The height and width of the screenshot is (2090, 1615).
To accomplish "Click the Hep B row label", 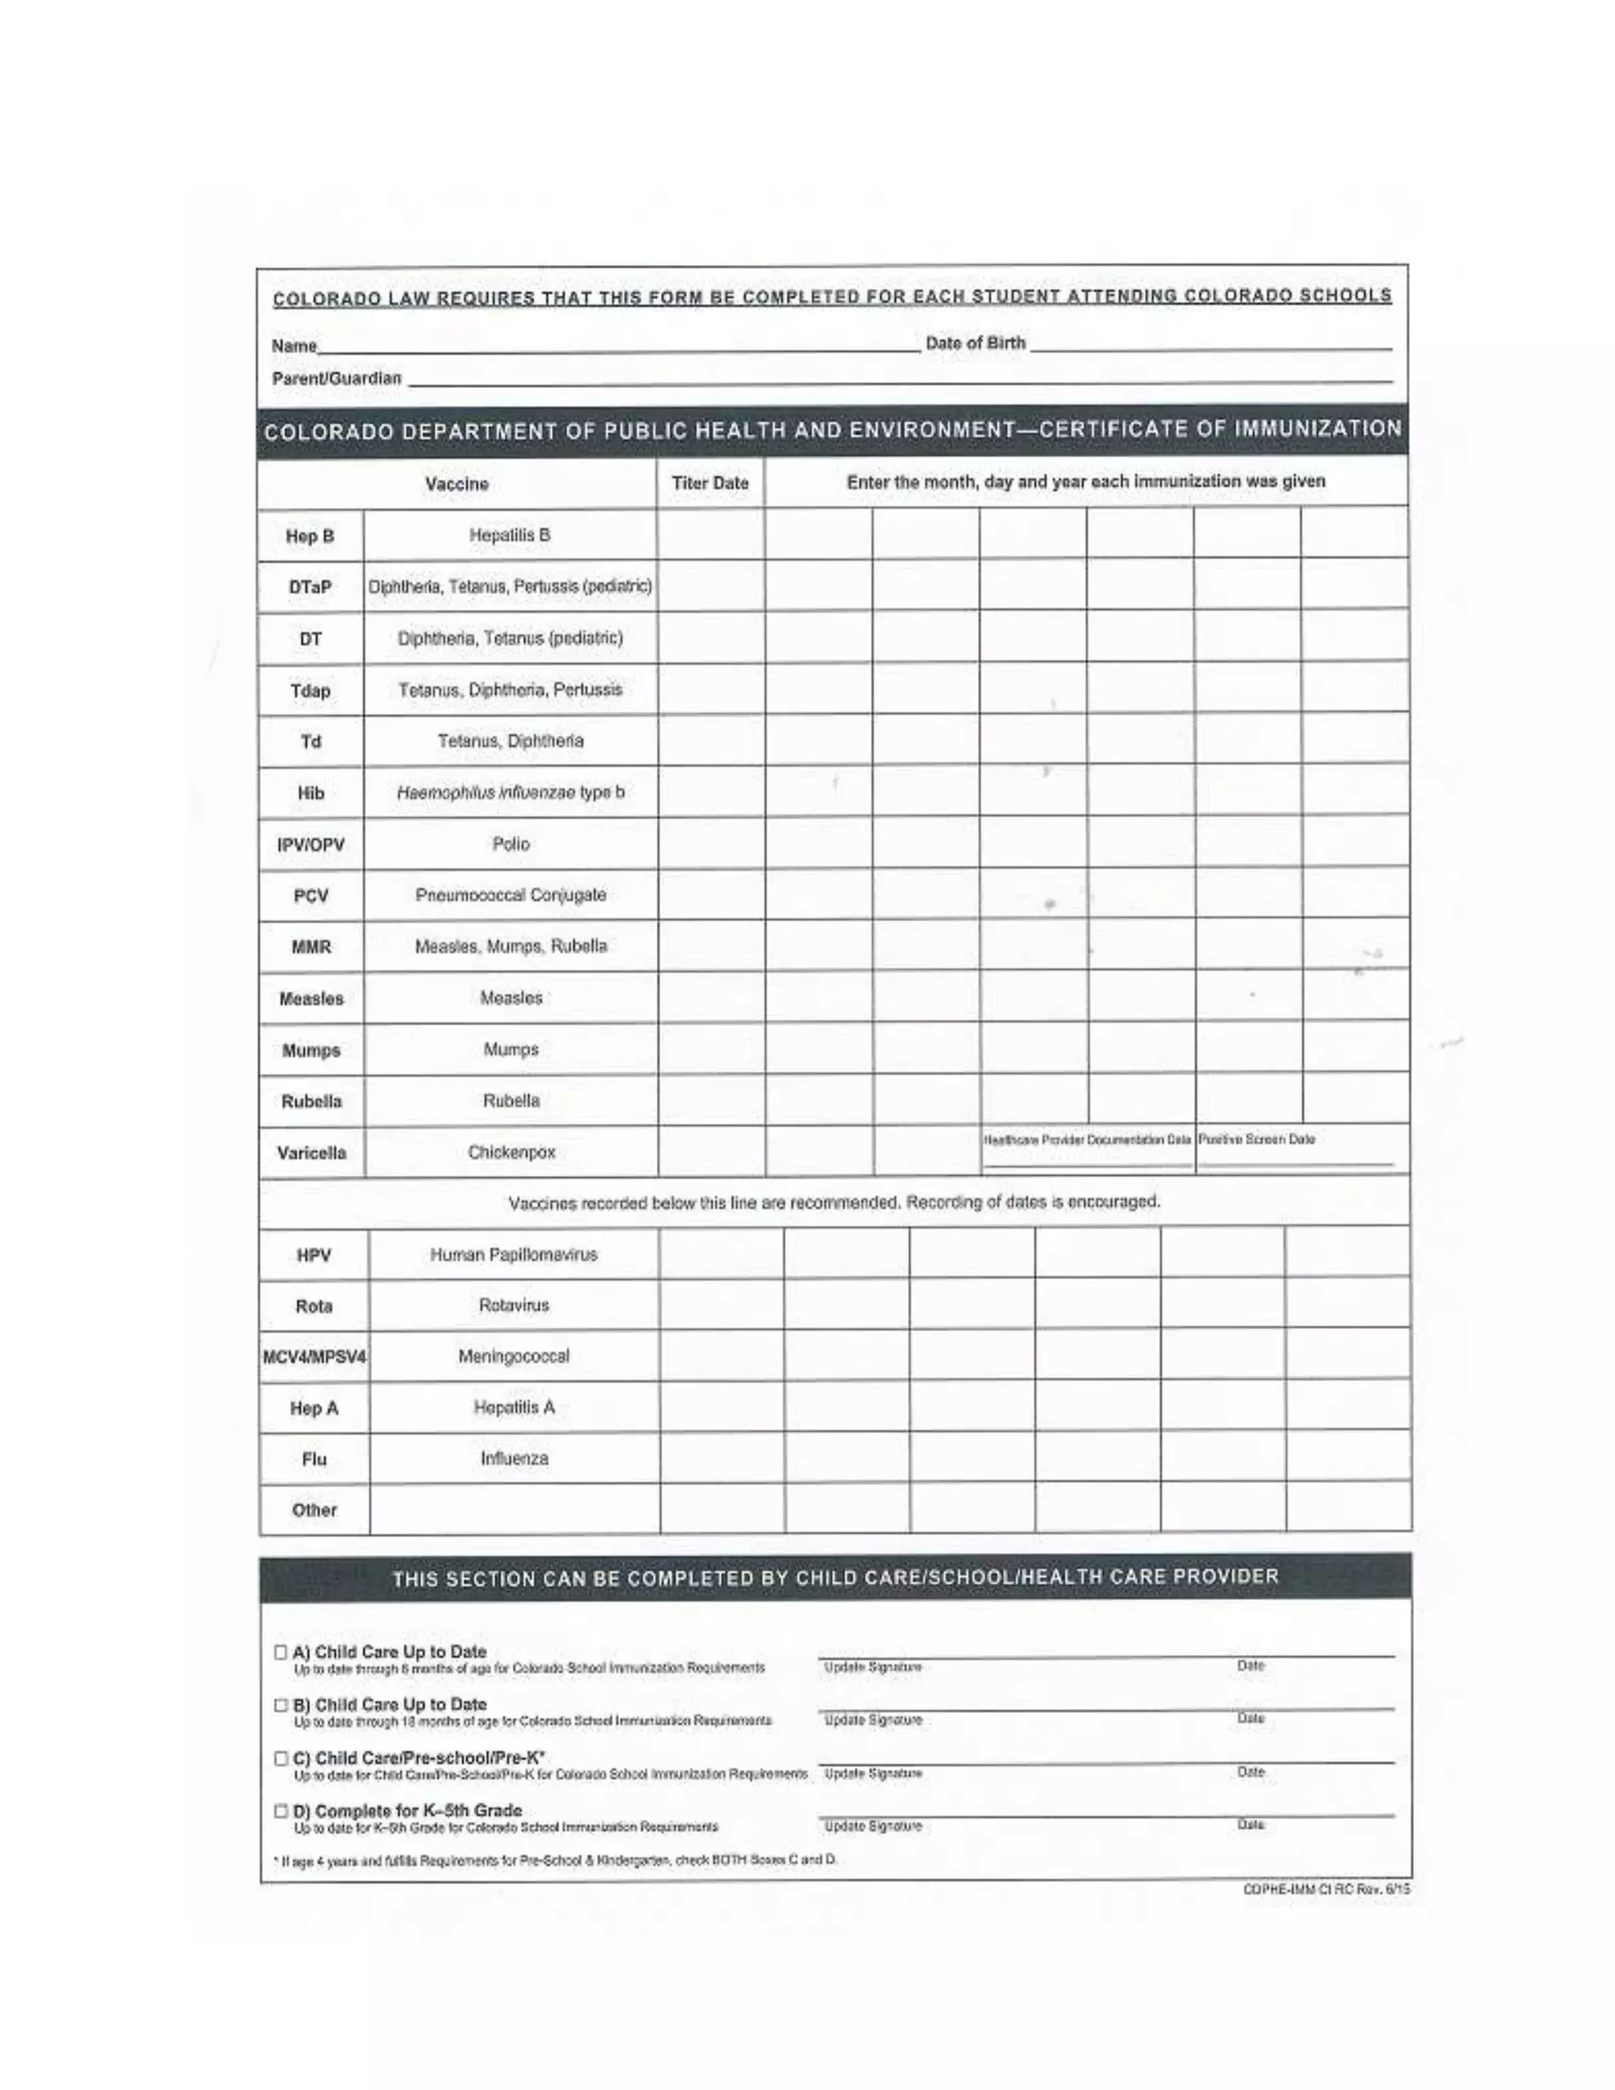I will (310, 536).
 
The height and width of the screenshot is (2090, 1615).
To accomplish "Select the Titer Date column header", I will (710, 483).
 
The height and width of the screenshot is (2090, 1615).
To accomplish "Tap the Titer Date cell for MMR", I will (711, 946).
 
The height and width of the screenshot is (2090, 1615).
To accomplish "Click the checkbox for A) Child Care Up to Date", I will (280, 1651).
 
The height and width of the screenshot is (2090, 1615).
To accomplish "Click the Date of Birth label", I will (975, 342).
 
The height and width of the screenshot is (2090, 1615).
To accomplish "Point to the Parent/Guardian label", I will (336, 378).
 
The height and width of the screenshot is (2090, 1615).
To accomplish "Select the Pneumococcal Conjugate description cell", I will (510, 895).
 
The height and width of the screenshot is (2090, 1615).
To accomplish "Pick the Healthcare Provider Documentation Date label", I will (1087, 1139).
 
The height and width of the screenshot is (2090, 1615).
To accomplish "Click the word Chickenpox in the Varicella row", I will (511, 1152).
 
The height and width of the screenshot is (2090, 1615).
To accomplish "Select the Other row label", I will (314, 1510).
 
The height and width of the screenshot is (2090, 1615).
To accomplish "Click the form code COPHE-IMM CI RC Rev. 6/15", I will (1326, 1889).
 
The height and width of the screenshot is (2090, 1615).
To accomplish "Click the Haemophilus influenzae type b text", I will (510, 793).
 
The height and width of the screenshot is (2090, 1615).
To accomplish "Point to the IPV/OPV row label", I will (311, 845).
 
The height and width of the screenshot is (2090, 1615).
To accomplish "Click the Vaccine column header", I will (457, 484).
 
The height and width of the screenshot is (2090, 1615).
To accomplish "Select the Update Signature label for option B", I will (873, 1719).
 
